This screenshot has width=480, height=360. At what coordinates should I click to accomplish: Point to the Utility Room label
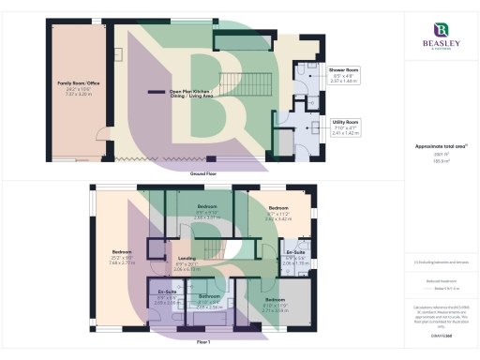tap(346, 122)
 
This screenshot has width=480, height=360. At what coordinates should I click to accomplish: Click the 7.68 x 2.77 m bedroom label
tap(122, 251)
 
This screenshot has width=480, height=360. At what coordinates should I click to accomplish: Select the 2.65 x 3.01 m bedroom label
tap(207, 206)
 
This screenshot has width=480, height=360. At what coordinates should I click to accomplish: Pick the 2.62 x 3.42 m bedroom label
tap(278, 207)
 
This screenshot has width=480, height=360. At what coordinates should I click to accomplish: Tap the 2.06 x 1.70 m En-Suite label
tap(296, 253)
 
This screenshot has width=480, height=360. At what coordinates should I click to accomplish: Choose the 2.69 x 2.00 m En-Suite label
tap(166, 292)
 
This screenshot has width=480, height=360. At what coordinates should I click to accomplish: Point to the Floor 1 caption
tap(203, 345)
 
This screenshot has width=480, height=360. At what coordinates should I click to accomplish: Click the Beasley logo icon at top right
tap(440, 30)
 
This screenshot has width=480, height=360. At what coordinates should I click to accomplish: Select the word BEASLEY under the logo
tap(440, 45)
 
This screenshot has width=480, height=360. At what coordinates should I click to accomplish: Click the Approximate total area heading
tap(439, 145)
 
